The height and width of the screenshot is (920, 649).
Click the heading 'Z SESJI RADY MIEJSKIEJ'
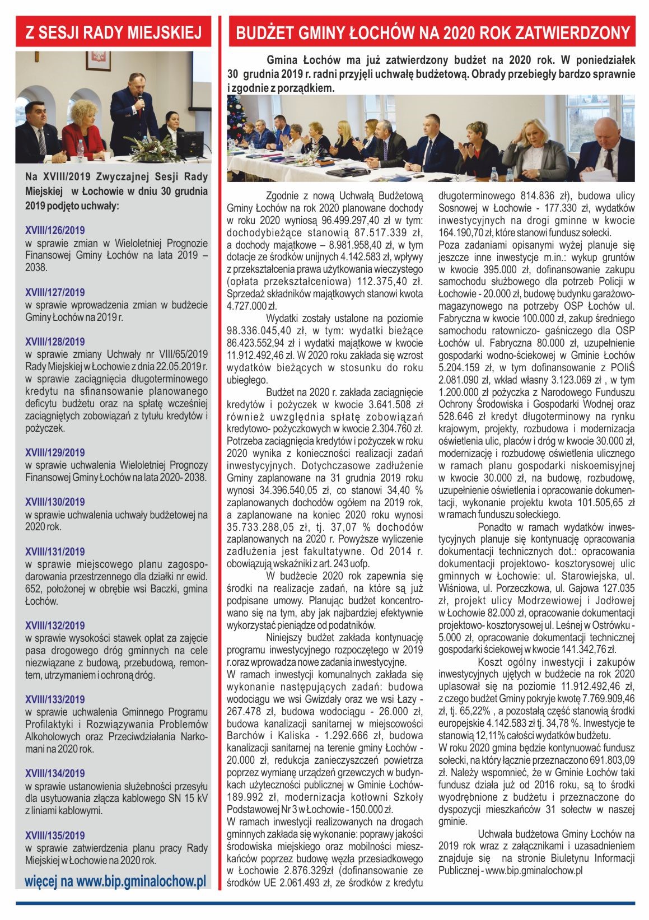click(x=113, y=33)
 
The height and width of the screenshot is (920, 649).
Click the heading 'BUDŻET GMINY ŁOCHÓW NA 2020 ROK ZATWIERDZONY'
click(x=432, y=33)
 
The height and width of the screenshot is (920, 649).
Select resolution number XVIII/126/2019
click(x=55, y=230)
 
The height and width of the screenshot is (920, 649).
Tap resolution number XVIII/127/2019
click(x=55, y=292)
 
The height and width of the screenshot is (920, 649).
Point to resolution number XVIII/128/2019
click(x=55, y=342)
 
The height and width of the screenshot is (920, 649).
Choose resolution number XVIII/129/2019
click(x=55, y=452)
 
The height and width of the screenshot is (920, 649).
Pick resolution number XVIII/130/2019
click(x=55, y=502)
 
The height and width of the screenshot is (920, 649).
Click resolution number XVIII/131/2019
click(x=55, y=552)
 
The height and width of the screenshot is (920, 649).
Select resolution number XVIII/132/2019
click(x=55, y=625)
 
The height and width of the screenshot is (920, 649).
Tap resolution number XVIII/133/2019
click(x=55, y=699)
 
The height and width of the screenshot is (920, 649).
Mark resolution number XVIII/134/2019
click(x=55, y=773)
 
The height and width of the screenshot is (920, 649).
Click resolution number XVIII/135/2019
click(x=55, y=835)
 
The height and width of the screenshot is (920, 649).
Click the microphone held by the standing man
click(x=141, y=101)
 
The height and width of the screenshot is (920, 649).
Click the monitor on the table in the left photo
click(x=190, y=143)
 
